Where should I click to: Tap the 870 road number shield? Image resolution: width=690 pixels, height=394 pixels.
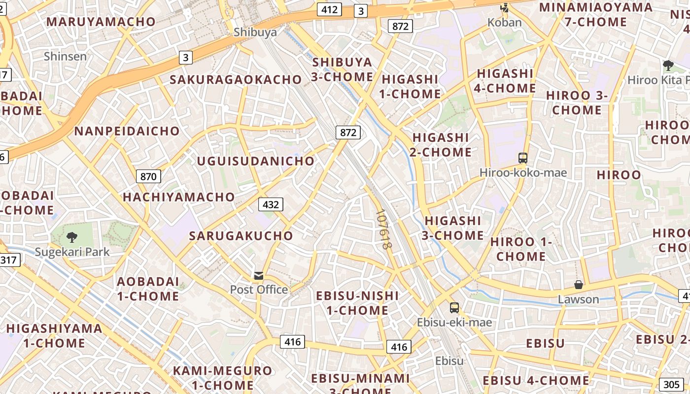[x=148, y=176]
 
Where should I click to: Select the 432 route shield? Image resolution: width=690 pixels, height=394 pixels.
[x=271, y=204]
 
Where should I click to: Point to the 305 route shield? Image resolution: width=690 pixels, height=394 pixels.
[x=671, y=385]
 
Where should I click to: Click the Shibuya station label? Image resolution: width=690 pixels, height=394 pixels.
[x=255, y=33]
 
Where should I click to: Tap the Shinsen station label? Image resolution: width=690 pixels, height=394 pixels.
[x=65, y=56]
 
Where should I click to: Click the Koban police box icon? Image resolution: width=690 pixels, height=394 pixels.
[x=504, y=8]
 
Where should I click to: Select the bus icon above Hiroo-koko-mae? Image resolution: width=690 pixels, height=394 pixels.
[x=522, y=158]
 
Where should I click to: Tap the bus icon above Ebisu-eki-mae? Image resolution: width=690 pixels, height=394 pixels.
[x=454, y=308]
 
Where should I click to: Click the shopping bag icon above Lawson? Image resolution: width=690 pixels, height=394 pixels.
[x=578, y=285]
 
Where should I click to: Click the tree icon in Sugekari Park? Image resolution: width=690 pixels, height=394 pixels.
[x=72, y=237]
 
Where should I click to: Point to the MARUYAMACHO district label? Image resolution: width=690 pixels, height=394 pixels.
[x=101, y=22]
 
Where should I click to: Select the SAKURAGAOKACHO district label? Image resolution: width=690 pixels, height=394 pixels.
[x=236, y=79]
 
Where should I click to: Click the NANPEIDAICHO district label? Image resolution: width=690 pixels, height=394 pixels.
[x=127, y=131]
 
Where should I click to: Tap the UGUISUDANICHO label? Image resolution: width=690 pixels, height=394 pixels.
[x=255, y=161]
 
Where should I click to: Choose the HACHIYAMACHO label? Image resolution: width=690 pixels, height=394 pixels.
[x=179, y=197]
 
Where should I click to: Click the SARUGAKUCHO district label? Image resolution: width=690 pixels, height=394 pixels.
[x=241, y=235]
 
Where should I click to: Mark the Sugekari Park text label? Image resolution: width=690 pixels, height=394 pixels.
[x=72, y=252]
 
